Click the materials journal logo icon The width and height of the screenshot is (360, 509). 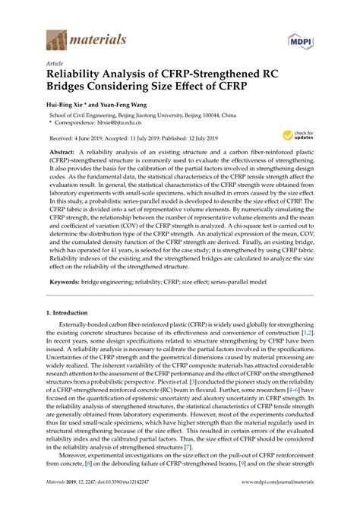(x=57, y=39)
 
